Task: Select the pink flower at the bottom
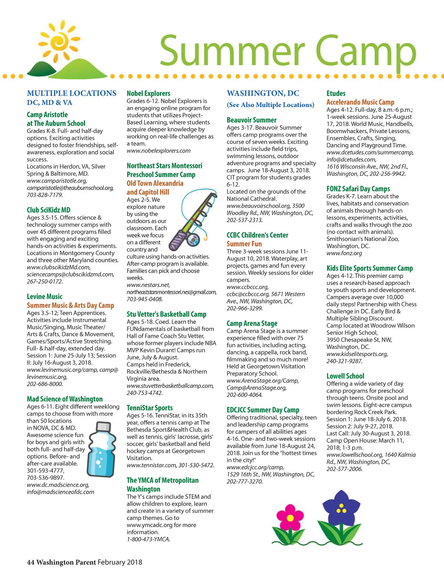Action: tap(290, 517)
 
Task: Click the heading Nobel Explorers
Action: tap(148, 93)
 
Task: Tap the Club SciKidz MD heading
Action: tap(48, 210)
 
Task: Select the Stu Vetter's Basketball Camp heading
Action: tap(166, 314)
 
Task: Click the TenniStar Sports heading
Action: tap(149, 408)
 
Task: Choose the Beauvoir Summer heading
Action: tap(252, 120)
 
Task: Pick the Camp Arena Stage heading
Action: tap(252, 323)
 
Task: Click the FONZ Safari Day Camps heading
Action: tap(358, 189)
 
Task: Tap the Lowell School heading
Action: tap(345, 376)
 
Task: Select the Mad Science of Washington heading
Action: tap(65, 399)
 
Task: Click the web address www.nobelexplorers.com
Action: tap(158, 151)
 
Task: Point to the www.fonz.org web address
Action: tap(344, 253)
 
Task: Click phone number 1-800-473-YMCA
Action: tap(148, 539)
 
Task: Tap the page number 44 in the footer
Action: tap(30, 562)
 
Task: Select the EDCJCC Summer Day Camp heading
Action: tap(263, 410)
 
